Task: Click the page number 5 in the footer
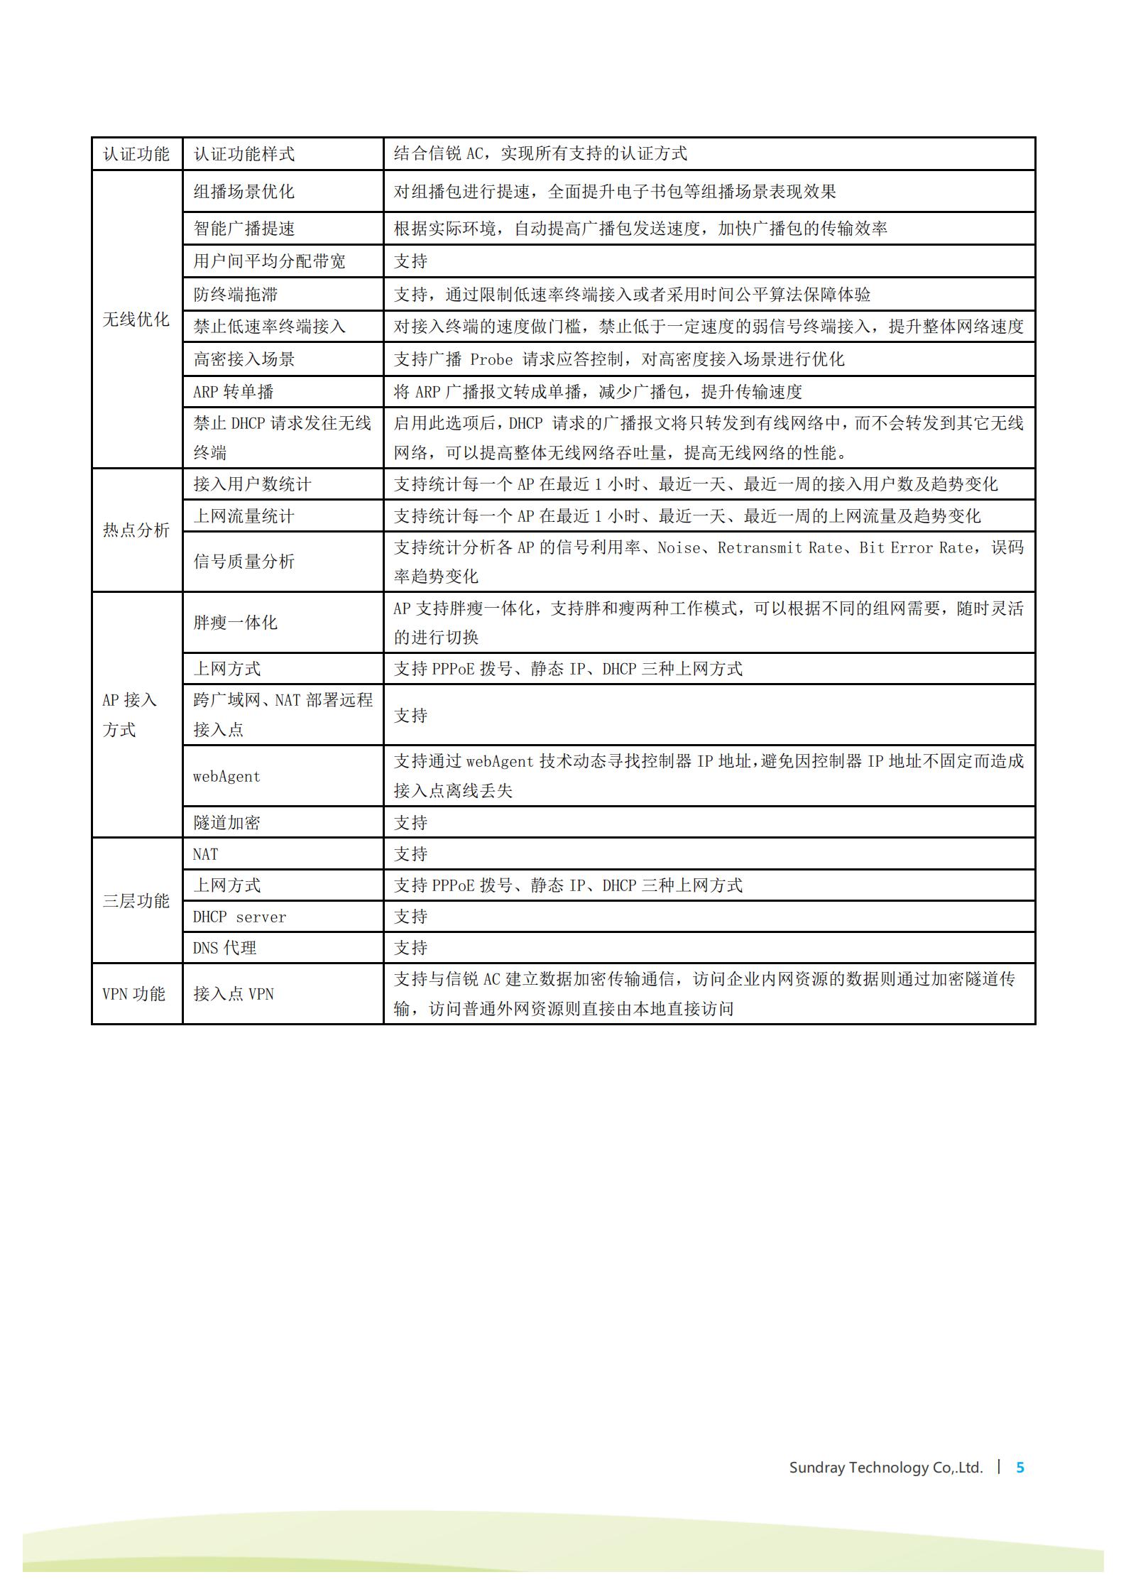tap(1020, 1467)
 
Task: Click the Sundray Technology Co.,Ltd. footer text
tap(885, 1468)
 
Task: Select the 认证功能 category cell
tap(136, 154)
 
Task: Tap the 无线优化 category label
tap(136, 320)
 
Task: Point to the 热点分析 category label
tap(136, 530)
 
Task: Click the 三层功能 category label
tap(136, 900)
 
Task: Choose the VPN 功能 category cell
tap(134, 993)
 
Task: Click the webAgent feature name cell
tap(226, 776)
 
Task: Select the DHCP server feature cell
tap(239, 917)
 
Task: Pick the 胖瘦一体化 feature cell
tap(235, 623)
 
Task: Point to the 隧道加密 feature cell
tap(226, 822)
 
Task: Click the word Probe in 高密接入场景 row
tap(491, 359)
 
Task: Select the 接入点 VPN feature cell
tap(234, 993)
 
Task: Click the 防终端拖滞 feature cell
tap(235, 294)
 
